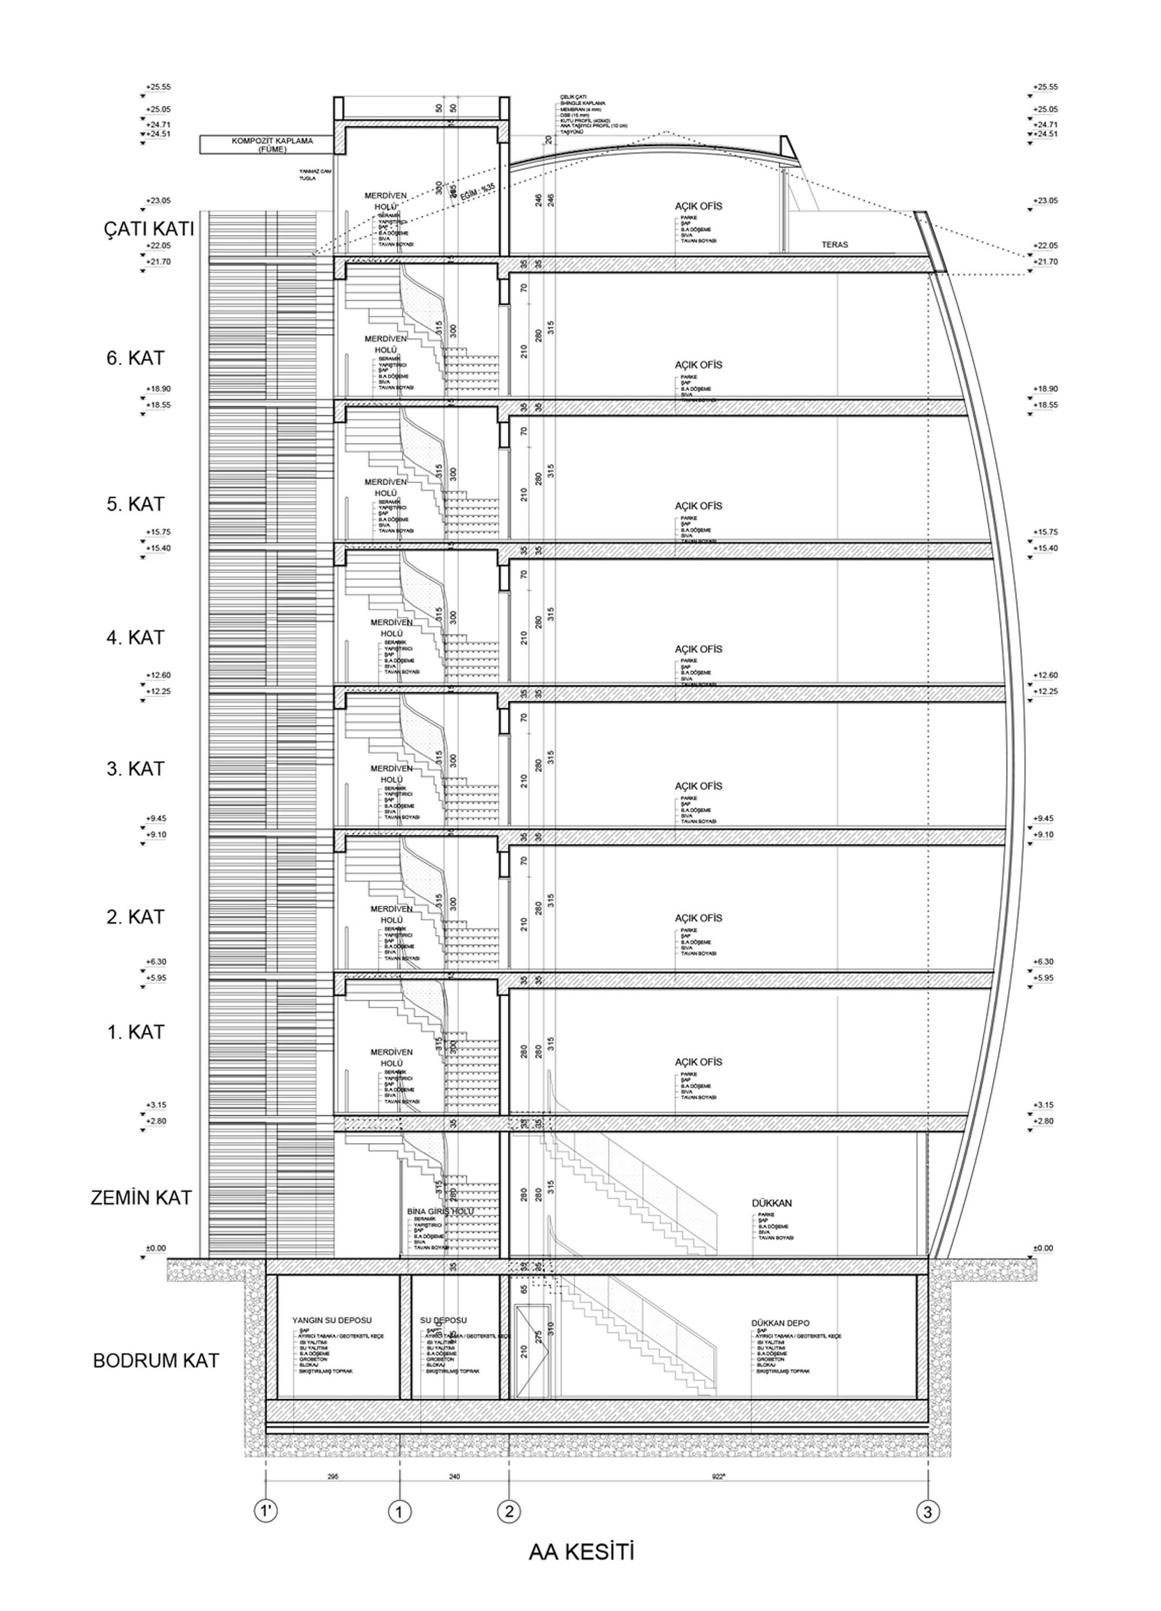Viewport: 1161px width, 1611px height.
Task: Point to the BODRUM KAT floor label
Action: pyautogui.click(x=156, y=1361)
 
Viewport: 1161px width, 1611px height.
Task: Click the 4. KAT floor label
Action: pyautogui.click(x=135, y=637)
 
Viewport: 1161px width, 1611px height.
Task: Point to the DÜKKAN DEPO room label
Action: pyautogui.click(x=780, y=1323)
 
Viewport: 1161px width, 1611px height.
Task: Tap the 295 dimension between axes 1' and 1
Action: pyautogui.click(x=333, y=1475)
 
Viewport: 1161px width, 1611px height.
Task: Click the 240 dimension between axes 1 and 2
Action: pyautogui.click(x=455, y=1475)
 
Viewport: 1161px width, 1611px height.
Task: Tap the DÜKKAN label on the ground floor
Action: pyautogui.click(x=771, y=1203)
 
